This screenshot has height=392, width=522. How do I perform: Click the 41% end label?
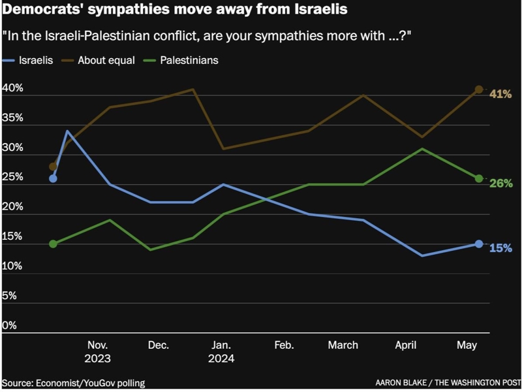click(x=500, y=94)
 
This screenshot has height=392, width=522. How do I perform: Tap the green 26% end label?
click(x=500, y=184)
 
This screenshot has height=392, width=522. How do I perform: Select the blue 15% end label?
click(x=500, y=248)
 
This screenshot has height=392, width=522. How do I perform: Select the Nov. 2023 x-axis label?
click(x=97, y=351)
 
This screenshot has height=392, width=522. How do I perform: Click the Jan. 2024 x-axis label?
click(x=221, y=351)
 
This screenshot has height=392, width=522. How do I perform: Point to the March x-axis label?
click(x=343, y=345)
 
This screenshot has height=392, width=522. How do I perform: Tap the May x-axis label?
click(x=466, y=345)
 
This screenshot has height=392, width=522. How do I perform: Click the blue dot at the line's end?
click(x=479, y=244)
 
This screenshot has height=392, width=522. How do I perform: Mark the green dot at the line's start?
click(x=53, y=244)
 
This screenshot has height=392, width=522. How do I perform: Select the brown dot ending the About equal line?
click(x=479, y=90)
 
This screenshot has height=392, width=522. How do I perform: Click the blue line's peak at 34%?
click(x=67, y=131)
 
